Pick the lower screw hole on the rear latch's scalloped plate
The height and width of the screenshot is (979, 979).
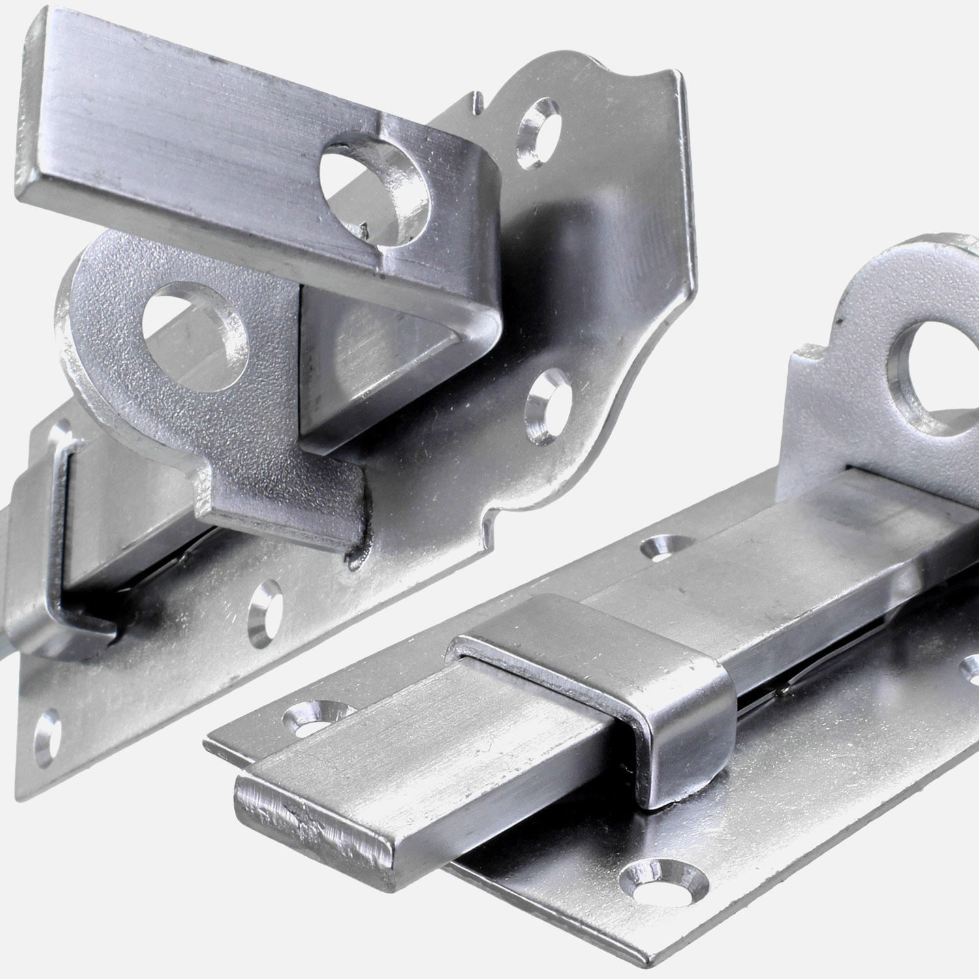point(545,405)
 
